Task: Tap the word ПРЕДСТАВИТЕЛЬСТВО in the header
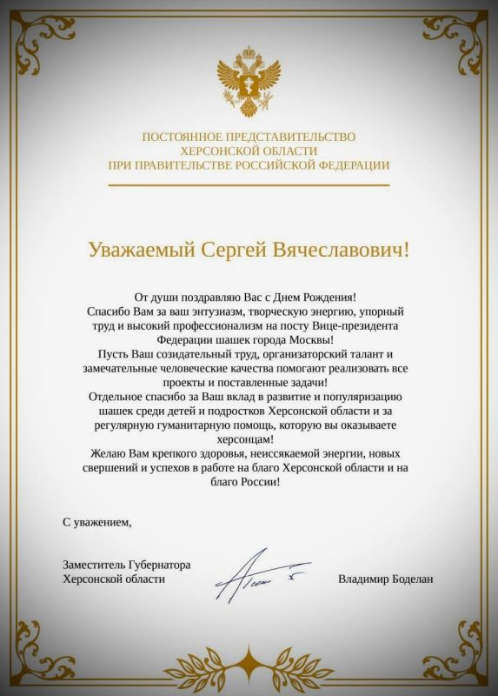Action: click(294, 137)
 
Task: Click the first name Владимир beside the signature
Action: click(363, 579)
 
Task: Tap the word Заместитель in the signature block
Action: click(96, 565)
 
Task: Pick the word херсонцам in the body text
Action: click(249, 438)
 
